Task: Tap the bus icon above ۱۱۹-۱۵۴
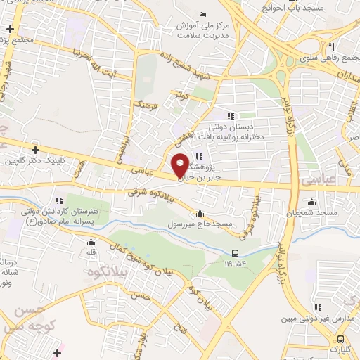(x=235, y=254)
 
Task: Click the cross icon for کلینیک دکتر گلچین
(x=35, y=149)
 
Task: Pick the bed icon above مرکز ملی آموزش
(x=202, y=15)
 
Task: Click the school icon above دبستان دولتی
(x=229, y=116)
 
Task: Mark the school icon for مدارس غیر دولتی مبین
(x=318, y=307)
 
